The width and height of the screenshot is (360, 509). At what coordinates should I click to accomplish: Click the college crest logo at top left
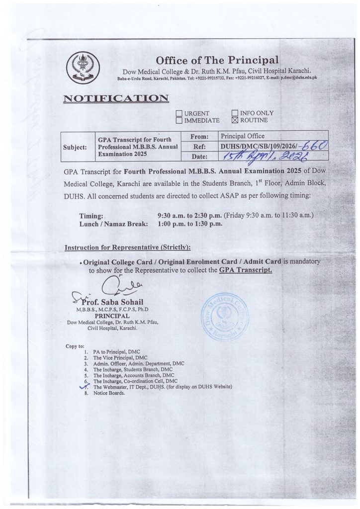click(x=83, y=68)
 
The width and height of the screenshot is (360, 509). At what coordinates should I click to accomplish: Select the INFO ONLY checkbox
click(x=235, y=113)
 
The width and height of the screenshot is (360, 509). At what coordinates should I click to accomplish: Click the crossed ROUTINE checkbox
click(x=235, y=120)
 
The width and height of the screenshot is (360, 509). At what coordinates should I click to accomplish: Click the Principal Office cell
click(x=243, y=136)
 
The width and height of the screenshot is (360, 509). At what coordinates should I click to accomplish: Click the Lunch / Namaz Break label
click(x=113, y=224)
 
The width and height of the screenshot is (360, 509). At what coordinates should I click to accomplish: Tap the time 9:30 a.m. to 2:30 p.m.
click(x=189, y=216)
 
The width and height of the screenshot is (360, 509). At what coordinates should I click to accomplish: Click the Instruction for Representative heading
click(x=128, y=248)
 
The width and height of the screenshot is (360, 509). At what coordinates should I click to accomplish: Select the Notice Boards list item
click(x=109, y=393)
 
